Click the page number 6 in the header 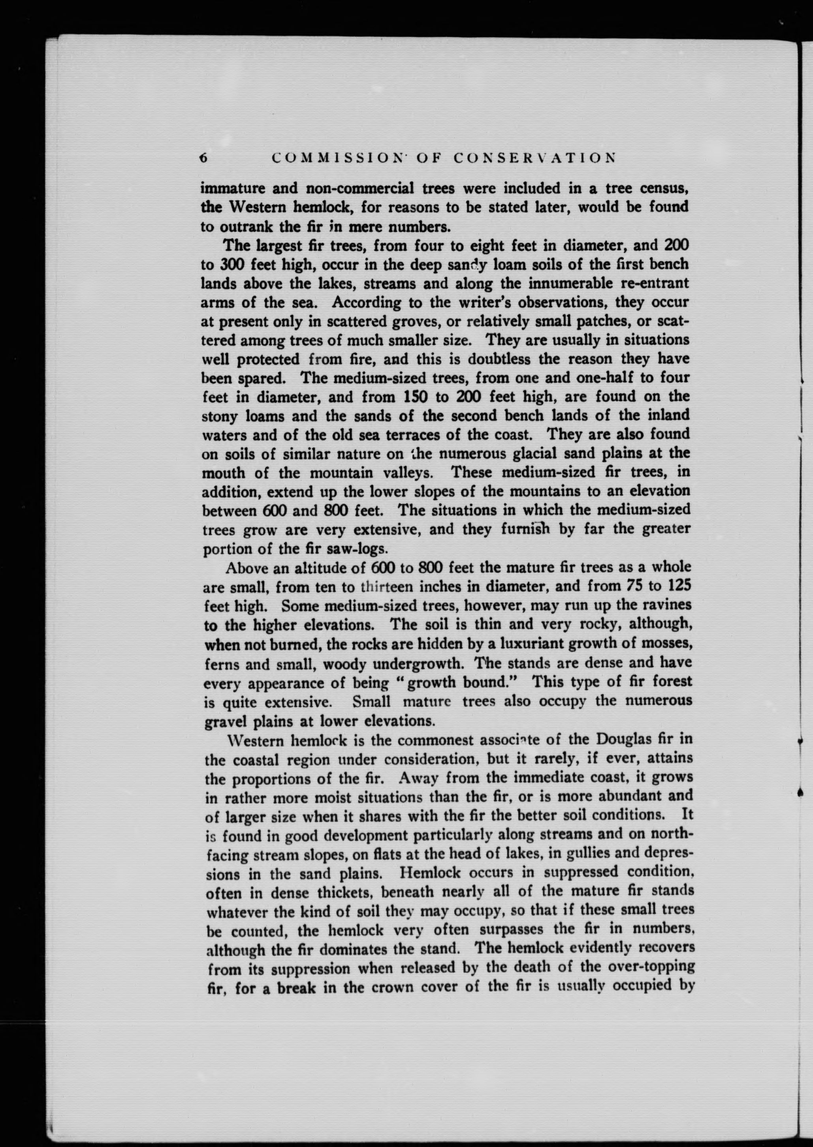point(203,158)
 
